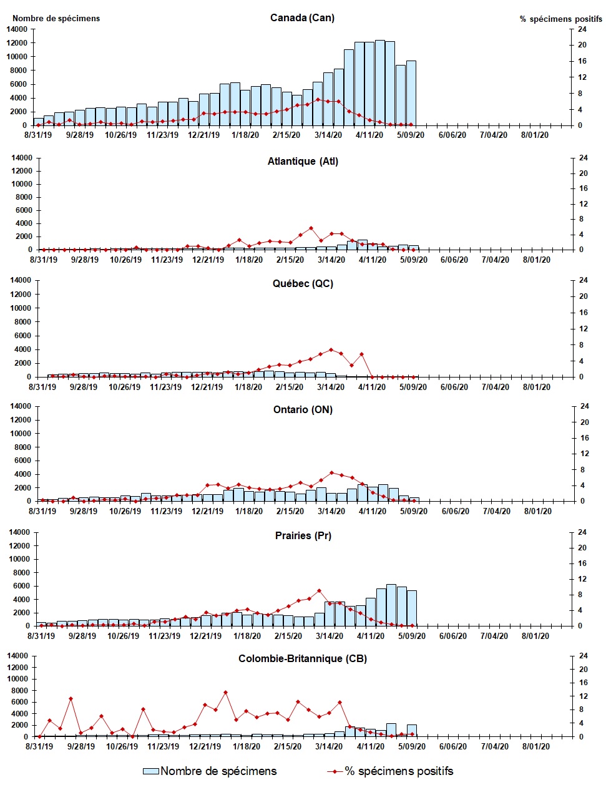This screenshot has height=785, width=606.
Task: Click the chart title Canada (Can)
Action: coord(302,17)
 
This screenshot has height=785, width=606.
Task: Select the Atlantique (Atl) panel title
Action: coord(303,161)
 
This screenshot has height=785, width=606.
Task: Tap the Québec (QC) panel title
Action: coord(303,283)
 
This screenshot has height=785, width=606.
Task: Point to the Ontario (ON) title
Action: coord(303,409)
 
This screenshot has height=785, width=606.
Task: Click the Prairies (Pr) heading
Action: coord(303,535)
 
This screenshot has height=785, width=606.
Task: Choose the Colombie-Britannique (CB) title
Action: coord(303,658)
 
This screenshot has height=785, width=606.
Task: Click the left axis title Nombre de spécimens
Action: coord(56,18)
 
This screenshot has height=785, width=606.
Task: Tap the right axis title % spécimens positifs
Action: coord(560,19)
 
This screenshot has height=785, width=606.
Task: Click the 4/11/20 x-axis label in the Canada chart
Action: coord(369,135)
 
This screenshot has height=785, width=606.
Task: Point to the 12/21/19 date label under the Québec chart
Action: coord(207,387)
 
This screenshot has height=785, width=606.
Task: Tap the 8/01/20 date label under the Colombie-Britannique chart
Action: coord(535,746)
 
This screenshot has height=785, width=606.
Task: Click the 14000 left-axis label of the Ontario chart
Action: coord(19,406)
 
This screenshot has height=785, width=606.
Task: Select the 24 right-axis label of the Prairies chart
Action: coord(582,532)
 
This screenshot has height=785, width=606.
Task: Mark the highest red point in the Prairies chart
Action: coord(319,590)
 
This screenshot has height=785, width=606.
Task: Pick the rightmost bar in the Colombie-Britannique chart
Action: coord(411,731)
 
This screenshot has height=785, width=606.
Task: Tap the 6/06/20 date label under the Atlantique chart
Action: coord(454,260)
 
